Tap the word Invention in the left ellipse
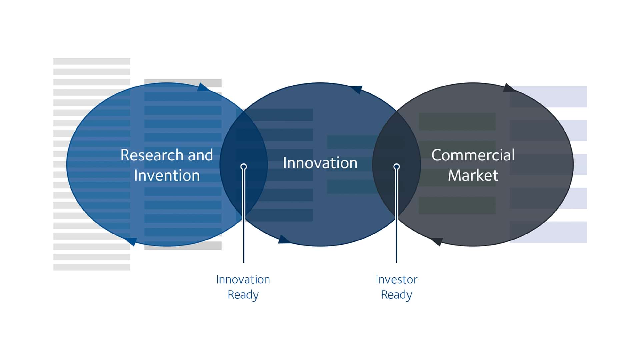pos(167,175)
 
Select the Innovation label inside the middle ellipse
pos(320,163)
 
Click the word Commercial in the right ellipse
pos(473,155)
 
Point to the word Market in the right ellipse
pos(473,175)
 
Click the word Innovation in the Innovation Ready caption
pos(243,279)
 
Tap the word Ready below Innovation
pos(243,295)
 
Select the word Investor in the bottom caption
pos(396,279)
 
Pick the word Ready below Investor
pos(396,295)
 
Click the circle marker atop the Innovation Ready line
pos(244,166)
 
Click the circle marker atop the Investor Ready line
pos(396,166)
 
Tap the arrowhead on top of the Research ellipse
pos(203,87)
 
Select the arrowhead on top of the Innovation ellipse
pos(356,89)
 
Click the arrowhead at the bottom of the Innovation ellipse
pos(284,239)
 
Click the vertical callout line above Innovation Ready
pos(244,216)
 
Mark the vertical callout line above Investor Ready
pos(396,216)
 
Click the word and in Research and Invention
pos(200,155)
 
